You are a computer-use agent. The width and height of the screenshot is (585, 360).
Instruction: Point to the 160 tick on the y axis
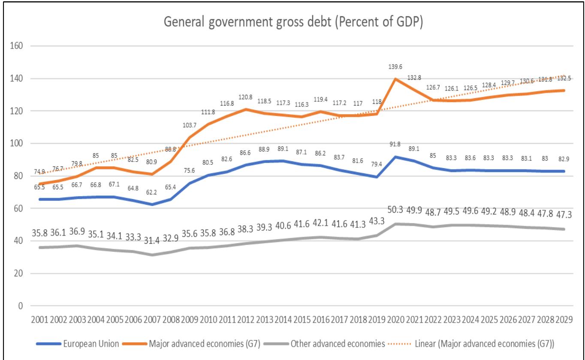pyautogui.click(x=17, y=46)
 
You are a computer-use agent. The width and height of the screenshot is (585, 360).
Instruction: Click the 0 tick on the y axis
pyautogui.click(x=20, y=306)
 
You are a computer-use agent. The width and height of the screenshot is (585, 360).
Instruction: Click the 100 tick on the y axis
pyautogui.click(x=17, y=143)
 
